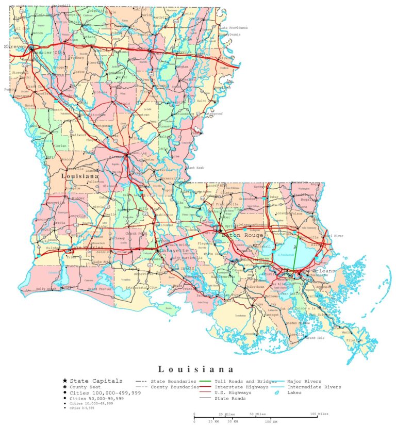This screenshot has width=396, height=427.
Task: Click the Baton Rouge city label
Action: pos(242,235)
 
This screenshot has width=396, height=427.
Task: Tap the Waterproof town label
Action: pos(212,113)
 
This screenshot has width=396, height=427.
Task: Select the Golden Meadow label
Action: pos(298,323)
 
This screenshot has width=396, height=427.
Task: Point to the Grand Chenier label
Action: pos(100,289)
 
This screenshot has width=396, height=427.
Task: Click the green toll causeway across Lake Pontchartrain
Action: pos(296,255)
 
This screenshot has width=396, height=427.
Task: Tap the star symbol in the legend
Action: pos(64,381)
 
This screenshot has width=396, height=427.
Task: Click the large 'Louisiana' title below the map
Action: pos(196,369)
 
